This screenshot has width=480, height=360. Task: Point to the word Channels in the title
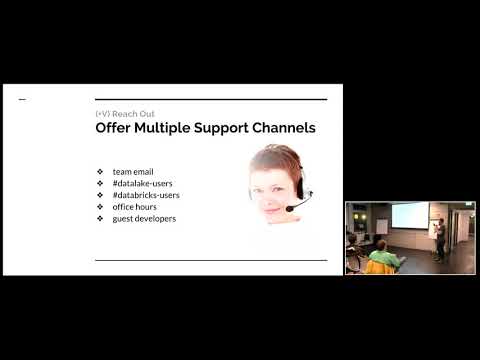[286, 129]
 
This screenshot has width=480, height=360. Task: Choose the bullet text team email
[133, 172]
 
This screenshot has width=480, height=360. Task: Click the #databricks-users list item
[147, 195]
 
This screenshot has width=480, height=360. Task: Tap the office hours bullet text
[135, 206]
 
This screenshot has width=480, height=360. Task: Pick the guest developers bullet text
[144, 218]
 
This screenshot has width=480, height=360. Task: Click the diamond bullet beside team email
[100, 172]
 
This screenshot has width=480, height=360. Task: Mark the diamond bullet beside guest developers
[100, 218]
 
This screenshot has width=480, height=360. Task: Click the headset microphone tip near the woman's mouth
[290, 208]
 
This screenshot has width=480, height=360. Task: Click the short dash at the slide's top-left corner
[23, 100]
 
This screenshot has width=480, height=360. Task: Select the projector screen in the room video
[410, 215]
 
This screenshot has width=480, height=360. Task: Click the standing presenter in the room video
[438, 236]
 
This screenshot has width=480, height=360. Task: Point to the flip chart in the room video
[380, 224]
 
